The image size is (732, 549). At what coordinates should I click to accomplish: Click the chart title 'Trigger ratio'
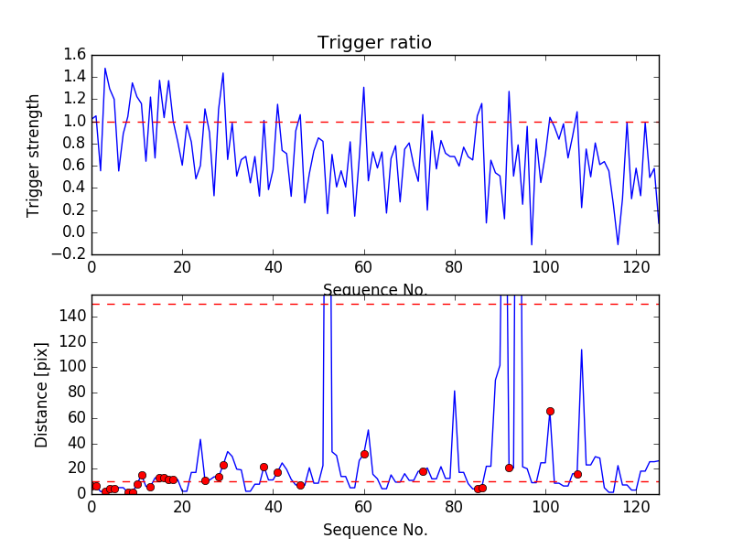[x=374, y=43]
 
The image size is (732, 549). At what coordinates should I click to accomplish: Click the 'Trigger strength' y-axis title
[x=34, y=155]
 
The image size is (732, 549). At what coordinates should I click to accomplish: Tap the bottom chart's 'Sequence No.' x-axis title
[x=374, y=530]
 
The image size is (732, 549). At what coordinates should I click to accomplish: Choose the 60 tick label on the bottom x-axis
[x=364, y=506]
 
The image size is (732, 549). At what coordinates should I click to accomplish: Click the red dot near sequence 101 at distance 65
[x=550, y=412]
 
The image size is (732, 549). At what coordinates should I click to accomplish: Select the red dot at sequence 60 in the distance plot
[x=364, y=454]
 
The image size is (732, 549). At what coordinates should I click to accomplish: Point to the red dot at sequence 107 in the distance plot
[x=577, y=474]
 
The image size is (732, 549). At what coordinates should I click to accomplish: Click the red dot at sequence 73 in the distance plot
[x=423, y=471]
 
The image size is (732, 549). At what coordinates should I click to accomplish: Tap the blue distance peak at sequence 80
[x=455, y=392]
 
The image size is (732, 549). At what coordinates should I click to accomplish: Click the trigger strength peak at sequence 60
[x=364, y=88]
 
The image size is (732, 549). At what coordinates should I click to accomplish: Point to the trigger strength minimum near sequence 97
[x=532, y=244]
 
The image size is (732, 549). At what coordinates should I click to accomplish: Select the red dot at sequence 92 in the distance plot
[x=509, y=468]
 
